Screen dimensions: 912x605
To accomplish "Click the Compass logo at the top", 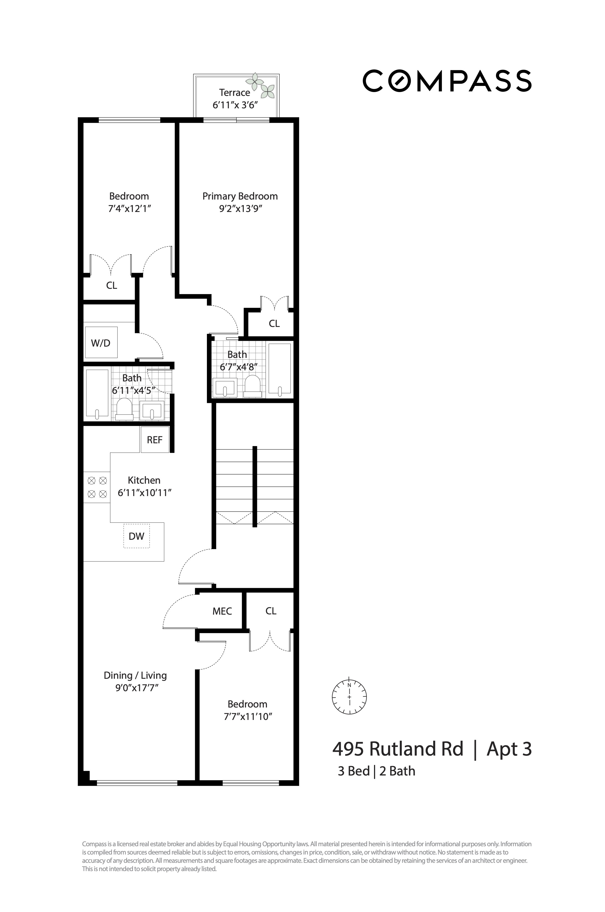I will (447, 81).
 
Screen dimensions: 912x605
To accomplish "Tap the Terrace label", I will (234, 93).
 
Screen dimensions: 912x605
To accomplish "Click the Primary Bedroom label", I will (240, 196).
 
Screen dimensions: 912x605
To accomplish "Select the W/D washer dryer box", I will (101, 343).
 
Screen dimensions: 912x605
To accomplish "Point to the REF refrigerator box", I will (155, 440).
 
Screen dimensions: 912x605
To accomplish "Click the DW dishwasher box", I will (136, 536).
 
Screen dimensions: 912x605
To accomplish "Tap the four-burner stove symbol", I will (97, 487).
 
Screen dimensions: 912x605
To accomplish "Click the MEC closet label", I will (222, 611).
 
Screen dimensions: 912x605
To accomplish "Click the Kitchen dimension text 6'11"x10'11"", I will (145, 493).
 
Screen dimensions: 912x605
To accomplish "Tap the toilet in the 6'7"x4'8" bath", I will (253, 386).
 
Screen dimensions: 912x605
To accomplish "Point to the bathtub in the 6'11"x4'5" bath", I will (97, 394).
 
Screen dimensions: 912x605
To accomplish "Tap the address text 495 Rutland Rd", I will (398, 749).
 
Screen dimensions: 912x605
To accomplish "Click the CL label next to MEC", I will (271, 611).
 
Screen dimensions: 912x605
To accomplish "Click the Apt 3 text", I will (509, 749).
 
